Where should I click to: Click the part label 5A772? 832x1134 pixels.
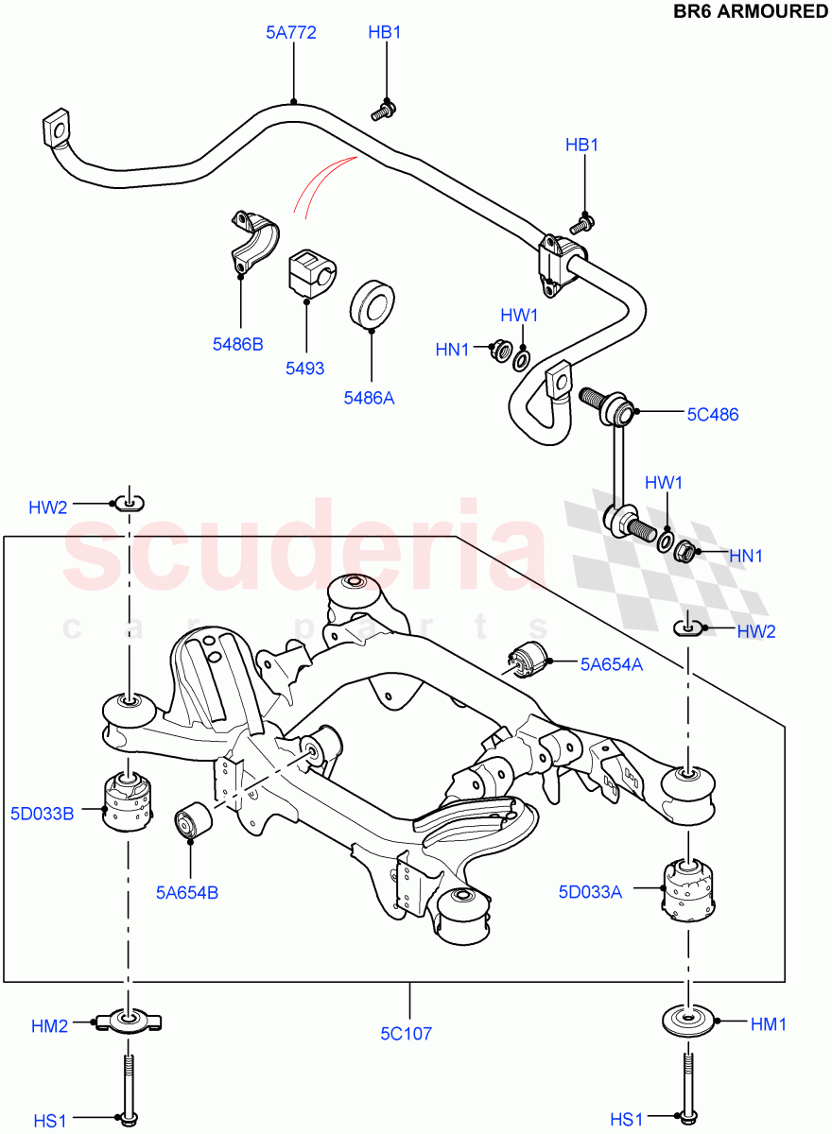click(290, 33)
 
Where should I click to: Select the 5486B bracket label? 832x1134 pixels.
click(237, 344)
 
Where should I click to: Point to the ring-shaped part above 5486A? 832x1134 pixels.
click(373, 305)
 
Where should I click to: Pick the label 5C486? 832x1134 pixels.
click(713, 414)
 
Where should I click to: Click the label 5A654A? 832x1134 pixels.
click(612, 664)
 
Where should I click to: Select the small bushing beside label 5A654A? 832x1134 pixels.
click(529, 660)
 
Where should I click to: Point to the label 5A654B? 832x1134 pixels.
click(187, 891)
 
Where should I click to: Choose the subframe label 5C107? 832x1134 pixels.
click(407, 1034)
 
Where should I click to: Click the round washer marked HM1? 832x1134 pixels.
click(689, 1022)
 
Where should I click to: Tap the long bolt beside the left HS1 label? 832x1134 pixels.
click(127, 1087)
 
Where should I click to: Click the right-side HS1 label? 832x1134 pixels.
click(627, 1120)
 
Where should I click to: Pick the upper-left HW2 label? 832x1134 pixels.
click(47, 507)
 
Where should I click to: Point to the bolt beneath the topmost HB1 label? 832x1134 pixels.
click(382, 110)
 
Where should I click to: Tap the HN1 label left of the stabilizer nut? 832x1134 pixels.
click(452, 350)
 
